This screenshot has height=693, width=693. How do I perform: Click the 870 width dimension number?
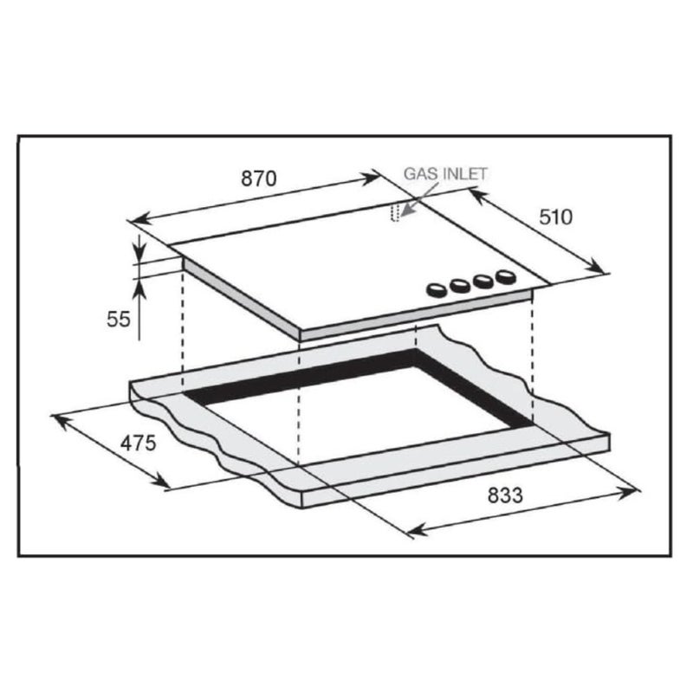click(x=259, y=178)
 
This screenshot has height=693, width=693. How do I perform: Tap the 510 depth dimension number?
click(x=555, y=217)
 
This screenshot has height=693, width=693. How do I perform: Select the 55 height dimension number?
click(x=119, y=319)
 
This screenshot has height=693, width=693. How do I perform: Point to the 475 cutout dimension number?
click(x=139, y=444)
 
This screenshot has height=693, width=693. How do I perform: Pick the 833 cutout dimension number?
click(x=505, y=495)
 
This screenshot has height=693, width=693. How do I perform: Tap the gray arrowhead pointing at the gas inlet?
click(x=406, y=210)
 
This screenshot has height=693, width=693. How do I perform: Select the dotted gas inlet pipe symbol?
click(x=395, y=212)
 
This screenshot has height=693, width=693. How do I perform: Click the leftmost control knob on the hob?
click(x=437, y=290)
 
